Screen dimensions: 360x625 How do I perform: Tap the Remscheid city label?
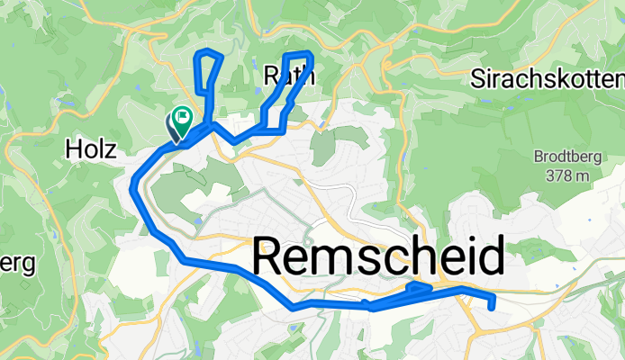[x=378, y=259]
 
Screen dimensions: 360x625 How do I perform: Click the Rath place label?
[x=289, y=77]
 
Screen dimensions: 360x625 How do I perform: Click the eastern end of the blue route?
[x=491, y=306]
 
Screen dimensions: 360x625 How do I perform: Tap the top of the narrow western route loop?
[x=209, y=53]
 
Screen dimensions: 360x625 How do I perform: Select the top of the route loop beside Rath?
[x=297, y=55]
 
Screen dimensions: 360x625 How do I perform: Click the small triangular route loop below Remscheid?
[x=418, y=288]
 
